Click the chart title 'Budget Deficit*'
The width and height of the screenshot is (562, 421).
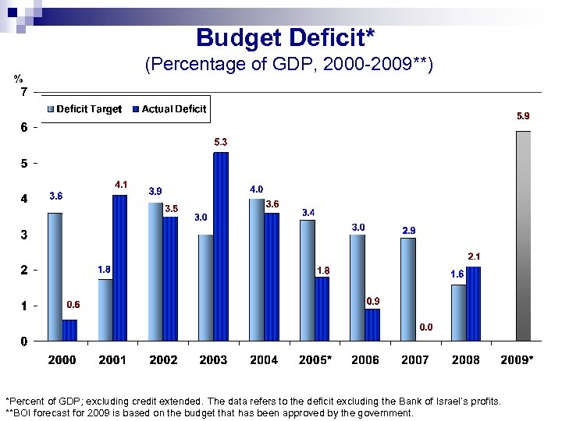[x=285, y=37]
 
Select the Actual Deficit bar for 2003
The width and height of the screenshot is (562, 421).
[x=221, y=246]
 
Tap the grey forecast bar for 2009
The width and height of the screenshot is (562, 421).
[x=523, y=235]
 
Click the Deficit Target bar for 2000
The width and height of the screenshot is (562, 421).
[x=55, y=276]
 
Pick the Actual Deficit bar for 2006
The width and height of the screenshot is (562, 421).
[x=372, y=324]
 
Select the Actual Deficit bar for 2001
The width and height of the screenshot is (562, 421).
[x=119, y=267]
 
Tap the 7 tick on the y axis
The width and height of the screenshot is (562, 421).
[x=23, y=92]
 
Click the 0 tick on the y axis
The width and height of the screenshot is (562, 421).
[x=23, y=341]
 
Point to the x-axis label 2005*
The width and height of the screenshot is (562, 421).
[x=316, y=359]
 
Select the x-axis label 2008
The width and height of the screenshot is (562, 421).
[x=467, y=359]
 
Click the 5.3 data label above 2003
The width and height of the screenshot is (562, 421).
[x=221, y=143]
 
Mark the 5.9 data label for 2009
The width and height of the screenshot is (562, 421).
[x=525, y=116]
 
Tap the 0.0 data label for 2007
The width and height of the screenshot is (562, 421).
[x=427, y=327]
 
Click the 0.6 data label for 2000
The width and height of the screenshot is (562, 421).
[x=73, y=304]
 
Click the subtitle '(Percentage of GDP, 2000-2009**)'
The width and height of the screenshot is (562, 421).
[x=289, y=65]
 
